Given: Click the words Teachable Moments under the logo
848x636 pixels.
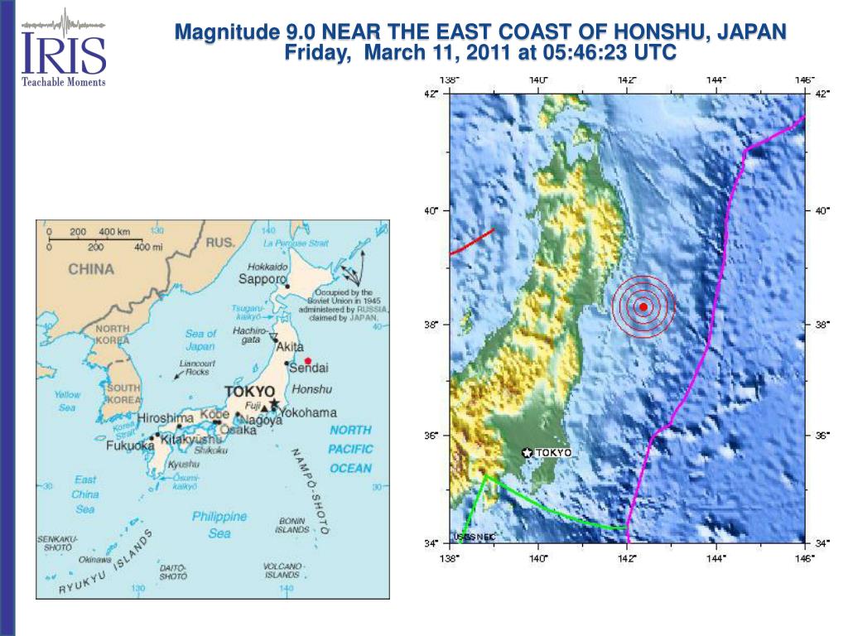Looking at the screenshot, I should [x=64, y=81].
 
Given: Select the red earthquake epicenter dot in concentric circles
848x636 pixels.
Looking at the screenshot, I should [x=643, y=306].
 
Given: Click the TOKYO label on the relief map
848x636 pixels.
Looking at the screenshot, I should [x=553, y=452].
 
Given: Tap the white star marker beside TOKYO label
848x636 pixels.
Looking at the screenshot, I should [x=527, y=452].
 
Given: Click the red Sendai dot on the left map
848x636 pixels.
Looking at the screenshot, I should [x=307, y=361].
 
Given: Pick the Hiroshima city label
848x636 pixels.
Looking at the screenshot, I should [x=166, y=418].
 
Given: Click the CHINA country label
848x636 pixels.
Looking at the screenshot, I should [x=91, y=268].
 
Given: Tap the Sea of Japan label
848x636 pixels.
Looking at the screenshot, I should [x=200, y=340].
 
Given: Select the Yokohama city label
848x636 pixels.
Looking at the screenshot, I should [x=308, y=412].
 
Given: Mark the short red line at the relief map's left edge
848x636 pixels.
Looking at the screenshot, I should [x=472, y=242].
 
